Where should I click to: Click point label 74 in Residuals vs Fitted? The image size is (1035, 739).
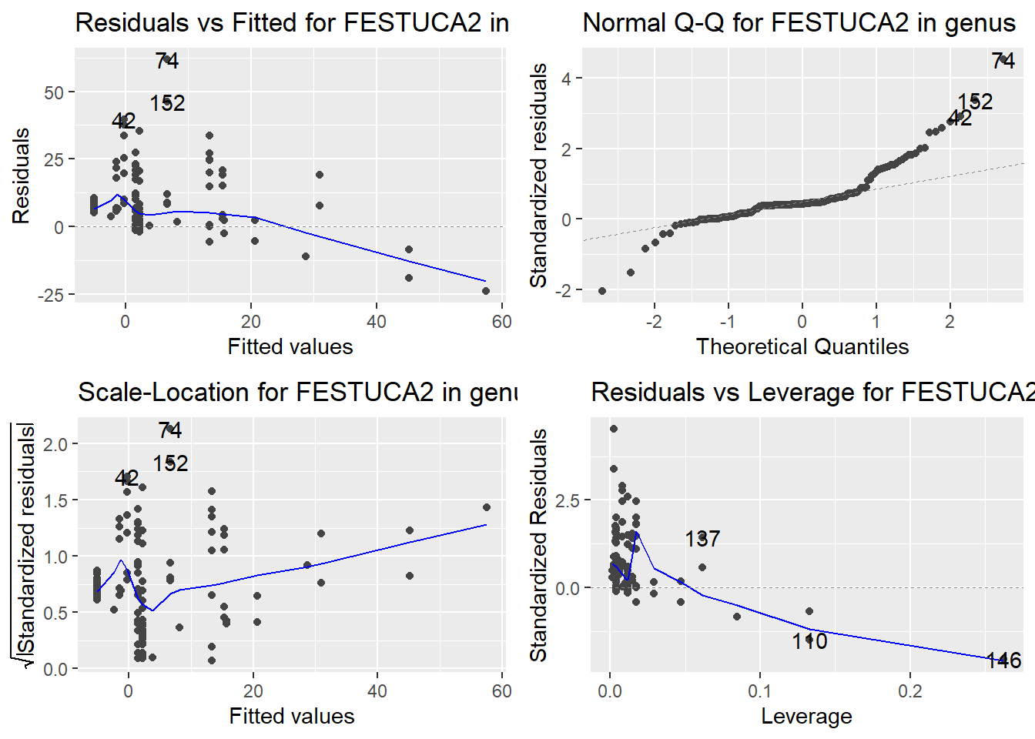[x=167, y=61]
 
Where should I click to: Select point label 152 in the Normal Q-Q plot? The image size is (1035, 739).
[x=975, y=102]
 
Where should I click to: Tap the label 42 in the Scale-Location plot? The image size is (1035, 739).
[x=127, y=478]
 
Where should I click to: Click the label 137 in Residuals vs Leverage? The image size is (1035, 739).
[x=702, y=539]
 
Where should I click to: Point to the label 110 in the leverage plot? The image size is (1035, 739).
[x=809, y=641]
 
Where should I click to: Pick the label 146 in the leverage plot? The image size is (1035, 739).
[x=1003, y=660]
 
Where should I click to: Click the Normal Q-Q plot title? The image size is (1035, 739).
[x=799, y=23]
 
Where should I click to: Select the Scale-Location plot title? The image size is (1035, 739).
[x=297, y=393]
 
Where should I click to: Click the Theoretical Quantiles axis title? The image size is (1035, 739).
[x=802, y=346]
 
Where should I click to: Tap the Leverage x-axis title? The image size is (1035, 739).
[x=806, y=716]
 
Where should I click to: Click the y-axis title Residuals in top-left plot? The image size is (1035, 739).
[x=21, y=176]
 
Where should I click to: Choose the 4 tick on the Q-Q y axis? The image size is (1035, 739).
[x=566, y=79]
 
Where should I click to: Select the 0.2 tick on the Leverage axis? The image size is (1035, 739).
[x=909, y=691]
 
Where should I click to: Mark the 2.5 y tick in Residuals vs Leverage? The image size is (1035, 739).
[x=568, y=500]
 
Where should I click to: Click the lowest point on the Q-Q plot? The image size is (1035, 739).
[x=602, y=291]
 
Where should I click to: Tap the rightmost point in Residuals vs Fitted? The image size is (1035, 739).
[x=486, y=291]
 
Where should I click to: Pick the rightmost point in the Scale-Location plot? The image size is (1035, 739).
[x=487, y=507]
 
